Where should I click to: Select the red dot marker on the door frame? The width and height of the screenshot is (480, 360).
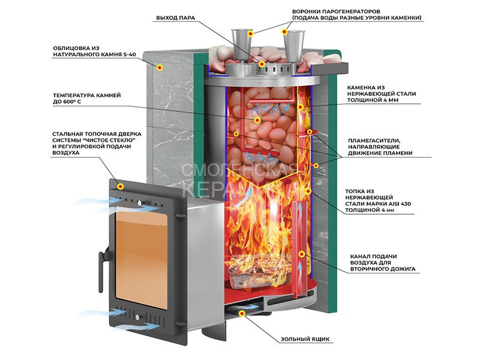coord(121,186)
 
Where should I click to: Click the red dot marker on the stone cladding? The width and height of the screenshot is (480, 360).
coord(160,68)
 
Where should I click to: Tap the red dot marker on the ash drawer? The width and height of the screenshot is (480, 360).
coord(242,313)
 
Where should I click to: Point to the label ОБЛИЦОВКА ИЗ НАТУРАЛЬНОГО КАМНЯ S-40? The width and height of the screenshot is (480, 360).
coord(89,51)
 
